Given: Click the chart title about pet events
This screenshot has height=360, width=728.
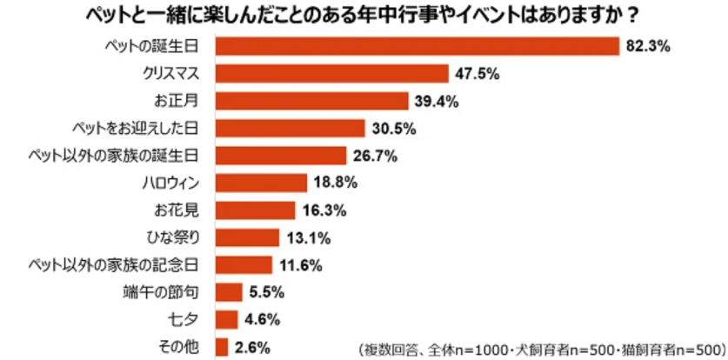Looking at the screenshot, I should tap(364, 16).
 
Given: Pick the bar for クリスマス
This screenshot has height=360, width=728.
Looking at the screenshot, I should tap(331, 74).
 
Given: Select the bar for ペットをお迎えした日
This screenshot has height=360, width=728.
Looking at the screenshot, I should tap(290, 129).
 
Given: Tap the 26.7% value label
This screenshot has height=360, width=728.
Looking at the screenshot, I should tap(375, 156).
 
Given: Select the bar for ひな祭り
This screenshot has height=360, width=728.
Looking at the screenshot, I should tap(247, 237).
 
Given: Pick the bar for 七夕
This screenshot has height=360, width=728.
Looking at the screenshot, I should tap(226, 318).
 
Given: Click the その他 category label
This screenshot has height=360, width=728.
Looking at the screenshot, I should tap(181, 346).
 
